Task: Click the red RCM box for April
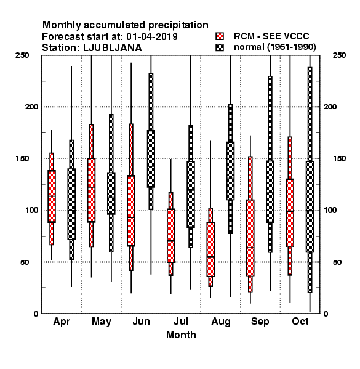click(x=52, y=196)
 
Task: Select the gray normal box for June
click(x=151, y=159)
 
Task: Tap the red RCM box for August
click(x=210, y=250)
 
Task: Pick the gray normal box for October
click(x=310, y=207)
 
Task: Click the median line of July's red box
click(x=170, y=240)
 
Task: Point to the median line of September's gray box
click(x=270, y=192)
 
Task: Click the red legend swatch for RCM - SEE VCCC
click(x=220, y=36)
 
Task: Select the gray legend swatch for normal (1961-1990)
click(x=220, y=47)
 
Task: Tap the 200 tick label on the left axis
click(x=31, y=107)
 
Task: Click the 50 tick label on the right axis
click(x=337, y=262)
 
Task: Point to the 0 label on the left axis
click(x=36, y=314)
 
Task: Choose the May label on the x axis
click(x=102, y=322)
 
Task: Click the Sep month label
click(x=260, y=322)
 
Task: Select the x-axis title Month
click(x=181, y=335)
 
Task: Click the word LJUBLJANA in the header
click(x=113, y=48)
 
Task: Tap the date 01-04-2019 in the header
click(x=152, y=37)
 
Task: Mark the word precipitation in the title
click(x=178, y=25)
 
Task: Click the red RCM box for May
click(x=91, y=190)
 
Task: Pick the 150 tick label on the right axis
click(x=339, y=159)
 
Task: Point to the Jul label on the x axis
click(x=181, y=322)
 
